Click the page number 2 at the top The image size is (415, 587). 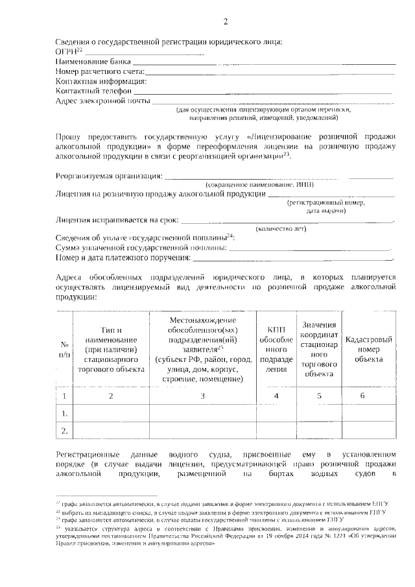pos(226,23)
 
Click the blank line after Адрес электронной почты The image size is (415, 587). pos(272,103)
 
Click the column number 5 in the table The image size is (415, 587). pos(319,395)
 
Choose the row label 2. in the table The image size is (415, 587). pos(64,430)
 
